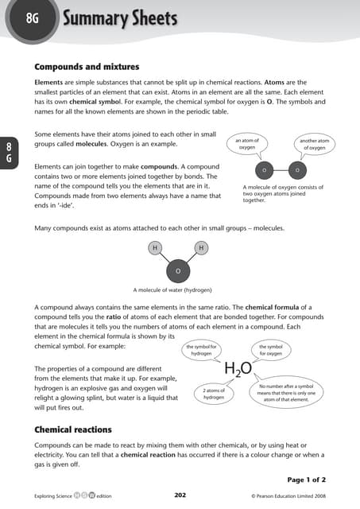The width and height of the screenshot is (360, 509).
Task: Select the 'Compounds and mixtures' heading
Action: [87, 66]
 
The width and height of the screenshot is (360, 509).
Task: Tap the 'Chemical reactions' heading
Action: [73, 429]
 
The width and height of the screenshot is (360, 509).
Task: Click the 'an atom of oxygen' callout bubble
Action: [247, 144]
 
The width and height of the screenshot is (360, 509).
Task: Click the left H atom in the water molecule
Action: [153, 248]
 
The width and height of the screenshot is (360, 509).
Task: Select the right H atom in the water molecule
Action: [201, 248]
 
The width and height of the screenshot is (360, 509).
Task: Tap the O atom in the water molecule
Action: [177, 272]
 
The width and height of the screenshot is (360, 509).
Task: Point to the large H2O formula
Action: [238, 368]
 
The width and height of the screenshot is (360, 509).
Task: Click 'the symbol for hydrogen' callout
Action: [202, 350]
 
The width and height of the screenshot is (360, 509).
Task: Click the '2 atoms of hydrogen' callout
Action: [214, 393]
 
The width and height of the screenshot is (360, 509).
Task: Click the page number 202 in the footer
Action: [180, 495]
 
